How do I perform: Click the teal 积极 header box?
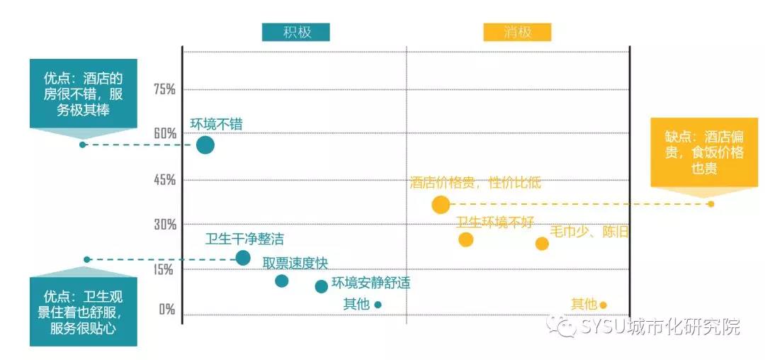296,33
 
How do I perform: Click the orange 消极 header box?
517,33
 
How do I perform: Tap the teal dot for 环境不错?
205,145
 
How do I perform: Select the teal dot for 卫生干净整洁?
243,258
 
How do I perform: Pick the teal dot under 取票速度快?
282,281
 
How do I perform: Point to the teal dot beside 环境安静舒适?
322,286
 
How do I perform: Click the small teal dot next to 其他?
378,305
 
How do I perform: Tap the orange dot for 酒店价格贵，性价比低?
441,206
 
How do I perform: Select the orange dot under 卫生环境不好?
465,240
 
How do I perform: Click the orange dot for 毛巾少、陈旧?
542,244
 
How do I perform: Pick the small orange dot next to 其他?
603,305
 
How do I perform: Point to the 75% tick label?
164,89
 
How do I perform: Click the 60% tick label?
164,134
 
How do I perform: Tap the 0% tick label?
166,310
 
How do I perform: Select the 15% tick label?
164,270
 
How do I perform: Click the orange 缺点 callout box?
704,152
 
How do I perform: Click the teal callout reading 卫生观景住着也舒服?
83,312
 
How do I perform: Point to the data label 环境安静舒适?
371,283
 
